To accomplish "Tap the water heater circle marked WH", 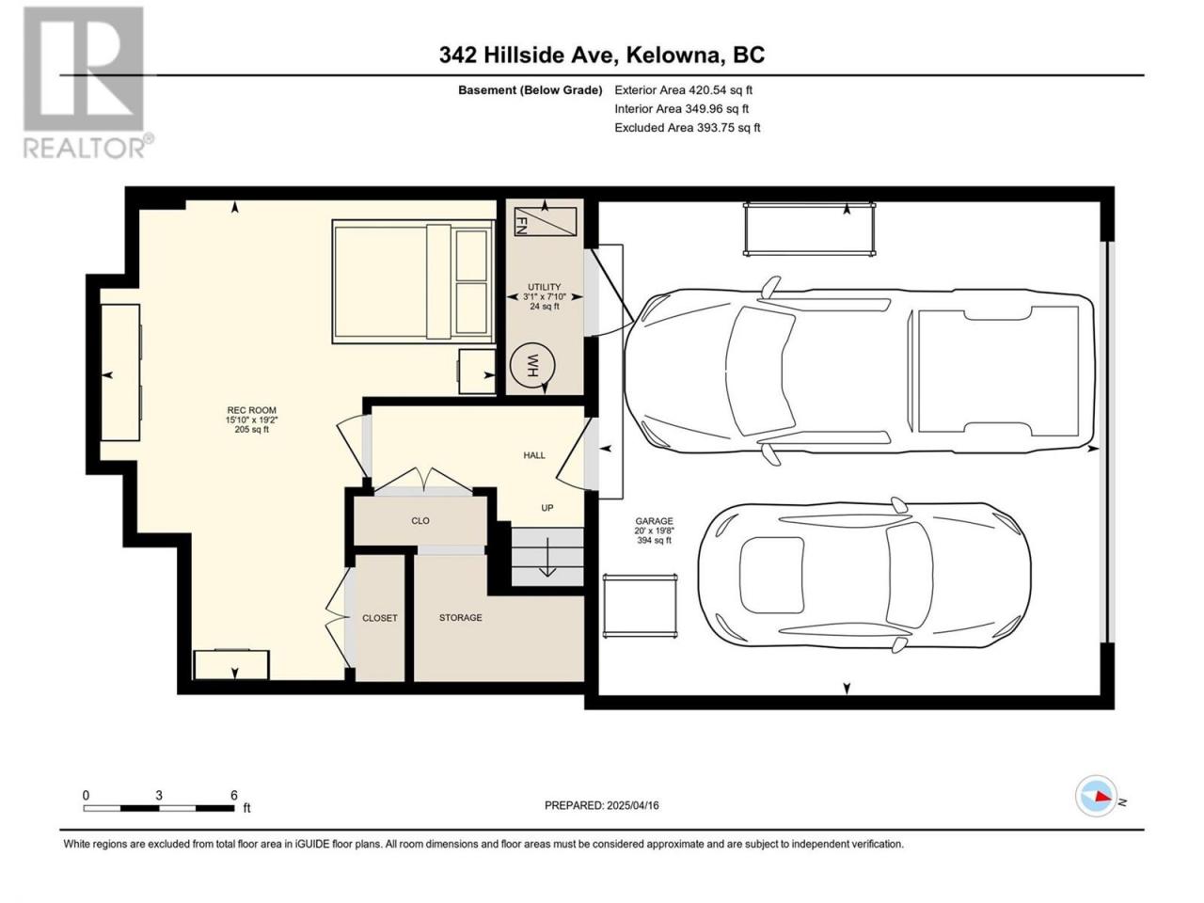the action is pyautogui.click(x=531, y=365).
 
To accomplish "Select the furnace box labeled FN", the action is pyautogui.click(x=546, y=222).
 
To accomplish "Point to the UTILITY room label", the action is pyautogui.click(x=544, y=287).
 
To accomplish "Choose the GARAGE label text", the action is pyautogui.click(x=654, y=521).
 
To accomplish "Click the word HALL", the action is pyautogui.click(x=534, y=455).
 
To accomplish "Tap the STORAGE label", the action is pyautogui.click(x=461, y=617).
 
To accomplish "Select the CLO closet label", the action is pyautogui.click(x=420, y=520).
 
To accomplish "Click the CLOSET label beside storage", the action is pyautogui.click(x=380, y=618).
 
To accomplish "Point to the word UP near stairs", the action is pyautogui.click(x=547, y=508).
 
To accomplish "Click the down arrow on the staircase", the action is pyautogui.click(x=547, y=557).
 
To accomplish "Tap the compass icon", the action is pyautogui.click(x=1096, y=796).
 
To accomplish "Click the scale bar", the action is pyautogui.click(x=159, y=808).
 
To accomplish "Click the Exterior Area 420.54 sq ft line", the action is pyautogui.click(x=684, y=90).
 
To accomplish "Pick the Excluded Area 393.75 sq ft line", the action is pyautogui.click(x=688, y=128).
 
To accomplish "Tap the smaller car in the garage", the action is pyautogui.click(x=864, y=575).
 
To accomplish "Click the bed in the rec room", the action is pyautogui.click(x=413, y=282).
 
